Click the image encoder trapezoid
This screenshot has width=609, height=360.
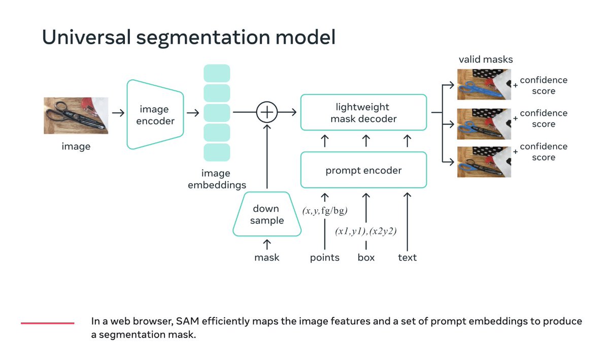pos(154,115)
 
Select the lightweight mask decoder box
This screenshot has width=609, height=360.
pos(363,112)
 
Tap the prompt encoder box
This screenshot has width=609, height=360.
pos(363,170)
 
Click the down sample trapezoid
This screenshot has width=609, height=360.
pos(266,214)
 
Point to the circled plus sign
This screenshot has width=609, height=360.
pos(267,113)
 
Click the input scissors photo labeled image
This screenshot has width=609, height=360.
pos(76,116)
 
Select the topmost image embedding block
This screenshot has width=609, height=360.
pos(217,73)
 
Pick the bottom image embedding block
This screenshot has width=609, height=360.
pos(217,152)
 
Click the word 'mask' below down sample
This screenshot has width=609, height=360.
pos(267,257)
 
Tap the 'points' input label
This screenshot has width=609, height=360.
pos(325,257)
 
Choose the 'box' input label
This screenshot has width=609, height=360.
pos(366,257)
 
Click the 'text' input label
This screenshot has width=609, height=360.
pos(407,257)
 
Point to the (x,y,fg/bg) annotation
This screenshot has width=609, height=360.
pos(325,211)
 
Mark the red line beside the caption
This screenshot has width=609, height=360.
pos(48,322)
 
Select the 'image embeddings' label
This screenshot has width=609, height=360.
pos(217,179)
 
